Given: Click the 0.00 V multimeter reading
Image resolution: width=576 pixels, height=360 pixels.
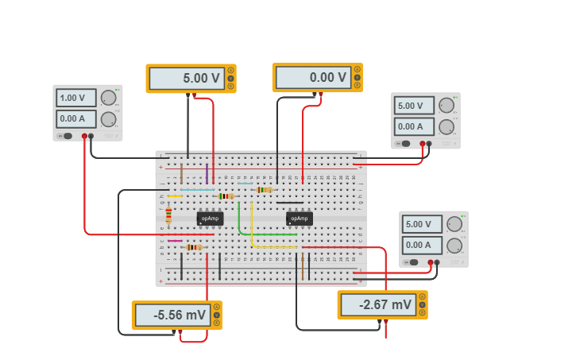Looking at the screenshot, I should click(x=313, y=78).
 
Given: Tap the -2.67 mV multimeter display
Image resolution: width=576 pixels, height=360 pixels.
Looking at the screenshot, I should click(x=377, y=304).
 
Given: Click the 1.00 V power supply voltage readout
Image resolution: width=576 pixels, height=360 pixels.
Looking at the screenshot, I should click(x=76, y=98).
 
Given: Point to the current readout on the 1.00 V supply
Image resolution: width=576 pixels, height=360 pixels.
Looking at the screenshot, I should click(x=76, y=119).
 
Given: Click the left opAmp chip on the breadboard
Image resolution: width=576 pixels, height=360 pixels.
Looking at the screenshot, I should click(x=211, y=218).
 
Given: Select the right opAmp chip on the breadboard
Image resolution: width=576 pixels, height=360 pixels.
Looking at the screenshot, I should click(x=299, y=218).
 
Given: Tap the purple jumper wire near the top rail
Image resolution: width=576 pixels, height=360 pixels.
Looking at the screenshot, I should click(x=207, y=174).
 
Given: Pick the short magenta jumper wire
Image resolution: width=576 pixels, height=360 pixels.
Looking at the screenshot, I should click(x=175, y=241).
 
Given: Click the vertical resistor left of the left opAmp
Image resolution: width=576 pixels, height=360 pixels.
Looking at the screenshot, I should click(x=168, y=215).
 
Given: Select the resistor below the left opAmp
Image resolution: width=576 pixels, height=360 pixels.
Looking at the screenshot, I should click(x=193, y=247).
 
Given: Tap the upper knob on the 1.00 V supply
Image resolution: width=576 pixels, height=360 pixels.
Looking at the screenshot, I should click(x=109, y=98).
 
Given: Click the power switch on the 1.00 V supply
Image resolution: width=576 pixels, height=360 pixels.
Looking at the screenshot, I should click(x=68, y=136).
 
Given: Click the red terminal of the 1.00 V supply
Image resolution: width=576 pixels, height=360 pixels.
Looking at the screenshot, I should click(x=83, y=136).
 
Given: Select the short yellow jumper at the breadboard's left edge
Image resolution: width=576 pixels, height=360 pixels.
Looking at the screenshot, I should click(x=175, y=196).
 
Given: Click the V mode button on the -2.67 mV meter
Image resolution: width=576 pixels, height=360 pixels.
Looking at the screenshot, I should click(x=422, y=304).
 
